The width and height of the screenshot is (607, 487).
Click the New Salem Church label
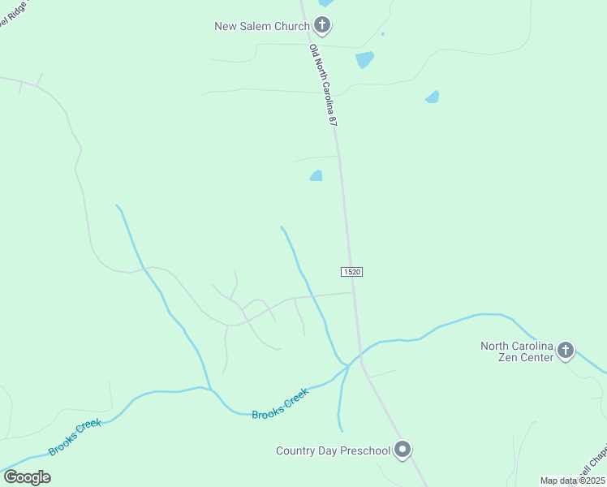tap(261, 26)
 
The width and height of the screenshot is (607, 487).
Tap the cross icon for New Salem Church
tap(322, 26)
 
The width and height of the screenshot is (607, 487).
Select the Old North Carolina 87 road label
tap(323, 84)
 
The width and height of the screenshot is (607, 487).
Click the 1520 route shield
tap(351, 271)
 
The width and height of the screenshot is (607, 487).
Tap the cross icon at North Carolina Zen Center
tap(566, 351)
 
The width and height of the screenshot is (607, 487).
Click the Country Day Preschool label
tap(333, 450)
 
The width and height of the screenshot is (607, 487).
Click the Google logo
tap(27, 476)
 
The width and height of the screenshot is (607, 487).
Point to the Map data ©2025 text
tap(572, 481)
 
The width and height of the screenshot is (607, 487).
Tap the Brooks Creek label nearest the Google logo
tap(75, 437)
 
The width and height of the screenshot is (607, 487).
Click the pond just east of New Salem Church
tap(364, 59)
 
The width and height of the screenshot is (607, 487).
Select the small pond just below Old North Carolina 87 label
tap(316, 175)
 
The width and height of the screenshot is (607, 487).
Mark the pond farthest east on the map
tap(433, 97)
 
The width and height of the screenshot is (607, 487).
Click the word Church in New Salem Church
tap(291, 26)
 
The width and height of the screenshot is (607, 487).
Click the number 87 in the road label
tap(332, 119)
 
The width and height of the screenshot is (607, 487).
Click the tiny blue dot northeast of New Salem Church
tap(382, 34)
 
